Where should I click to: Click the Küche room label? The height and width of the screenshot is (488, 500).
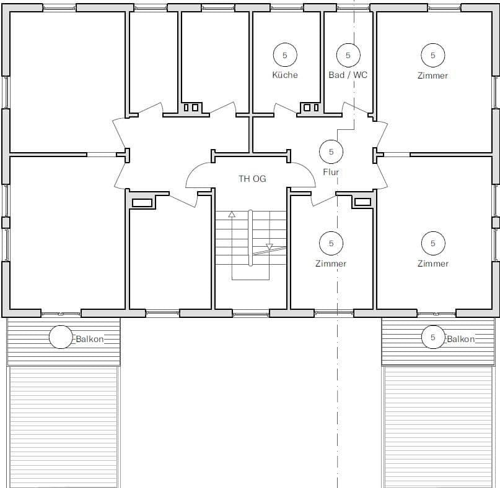pos(285,75)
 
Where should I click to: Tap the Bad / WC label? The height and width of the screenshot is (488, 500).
pos(348,75)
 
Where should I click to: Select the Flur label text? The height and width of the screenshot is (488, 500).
pos(331,172)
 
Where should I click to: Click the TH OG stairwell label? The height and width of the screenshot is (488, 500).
pos(252,179)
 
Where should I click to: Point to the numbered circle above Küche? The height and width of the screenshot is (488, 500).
pos(285,55)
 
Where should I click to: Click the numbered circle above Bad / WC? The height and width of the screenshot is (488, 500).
pos(348,55)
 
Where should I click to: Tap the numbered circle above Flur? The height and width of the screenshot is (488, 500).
pos(331,152)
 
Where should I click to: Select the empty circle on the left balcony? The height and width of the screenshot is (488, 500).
pos(61,337)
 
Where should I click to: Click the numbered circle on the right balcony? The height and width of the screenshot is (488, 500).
pos(432,337)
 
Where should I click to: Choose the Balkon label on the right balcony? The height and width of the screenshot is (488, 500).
pos(460,339)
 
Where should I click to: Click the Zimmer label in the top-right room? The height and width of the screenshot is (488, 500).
pos(432,75)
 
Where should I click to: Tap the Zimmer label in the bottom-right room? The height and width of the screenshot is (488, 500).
pos(432,263)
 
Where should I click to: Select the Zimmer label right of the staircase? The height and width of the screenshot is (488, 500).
pos(331,263)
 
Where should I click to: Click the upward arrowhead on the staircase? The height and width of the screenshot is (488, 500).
pos(232,214)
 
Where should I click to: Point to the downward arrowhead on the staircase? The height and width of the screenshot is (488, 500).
pos(269,247)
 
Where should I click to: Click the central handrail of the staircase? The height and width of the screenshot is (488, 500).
pos(250,238)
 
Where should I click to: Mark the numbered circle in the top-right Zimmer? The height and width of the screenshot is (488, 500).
pos(432,55)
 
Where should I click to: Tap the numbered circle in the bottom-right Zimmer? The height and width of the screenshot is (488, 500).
pos(432,243)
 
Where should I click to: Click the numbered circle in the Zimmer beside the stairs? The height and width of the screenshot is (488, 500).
pos(331,243)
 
